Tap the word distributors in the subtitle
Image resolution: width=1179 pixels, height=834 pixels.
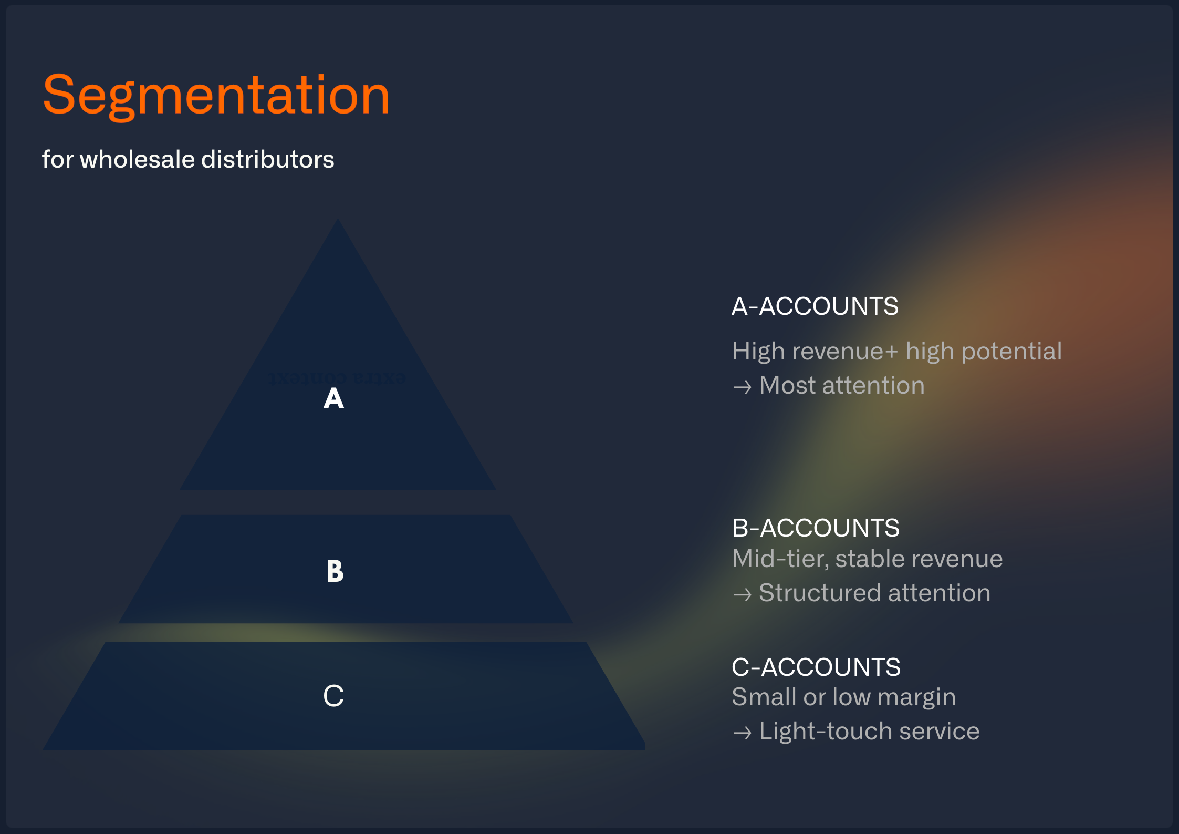[x=268, y=159]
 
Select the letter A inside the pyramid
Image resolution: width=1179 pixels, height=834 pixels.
[x=333, y=398]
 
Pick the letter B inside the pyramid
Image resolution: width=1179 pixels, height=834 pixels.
[x=335, y=571]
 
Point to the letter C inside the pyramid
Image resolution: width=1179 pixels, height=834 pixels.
[x=333, y=696]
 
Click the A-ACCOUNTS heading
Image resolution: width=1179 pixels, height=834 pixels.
[x=815, y=306]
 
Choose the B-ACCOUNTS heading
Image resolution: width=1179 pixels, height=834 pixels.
[x=816, y=528]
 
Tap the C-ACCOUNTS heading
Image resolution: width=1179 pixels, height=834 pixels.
[x=816, y=667]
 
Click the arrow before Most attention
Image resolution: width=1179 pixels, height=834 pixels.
[x=742, y=387]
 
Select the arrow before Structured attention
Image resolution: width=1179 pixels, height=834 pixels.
[x=742, y=595]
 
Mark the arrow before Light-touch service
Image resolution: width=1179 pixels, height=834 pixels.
[x=742, y=733]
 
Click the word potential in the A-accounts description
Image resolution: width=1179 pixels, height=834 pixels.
[x=1011, y=352]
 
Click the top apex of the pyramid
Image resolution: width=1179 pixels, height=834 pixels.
[x=338, y=221]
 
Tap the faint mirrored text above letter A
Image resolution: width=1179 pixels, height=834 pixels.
[x=337, y=378]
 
